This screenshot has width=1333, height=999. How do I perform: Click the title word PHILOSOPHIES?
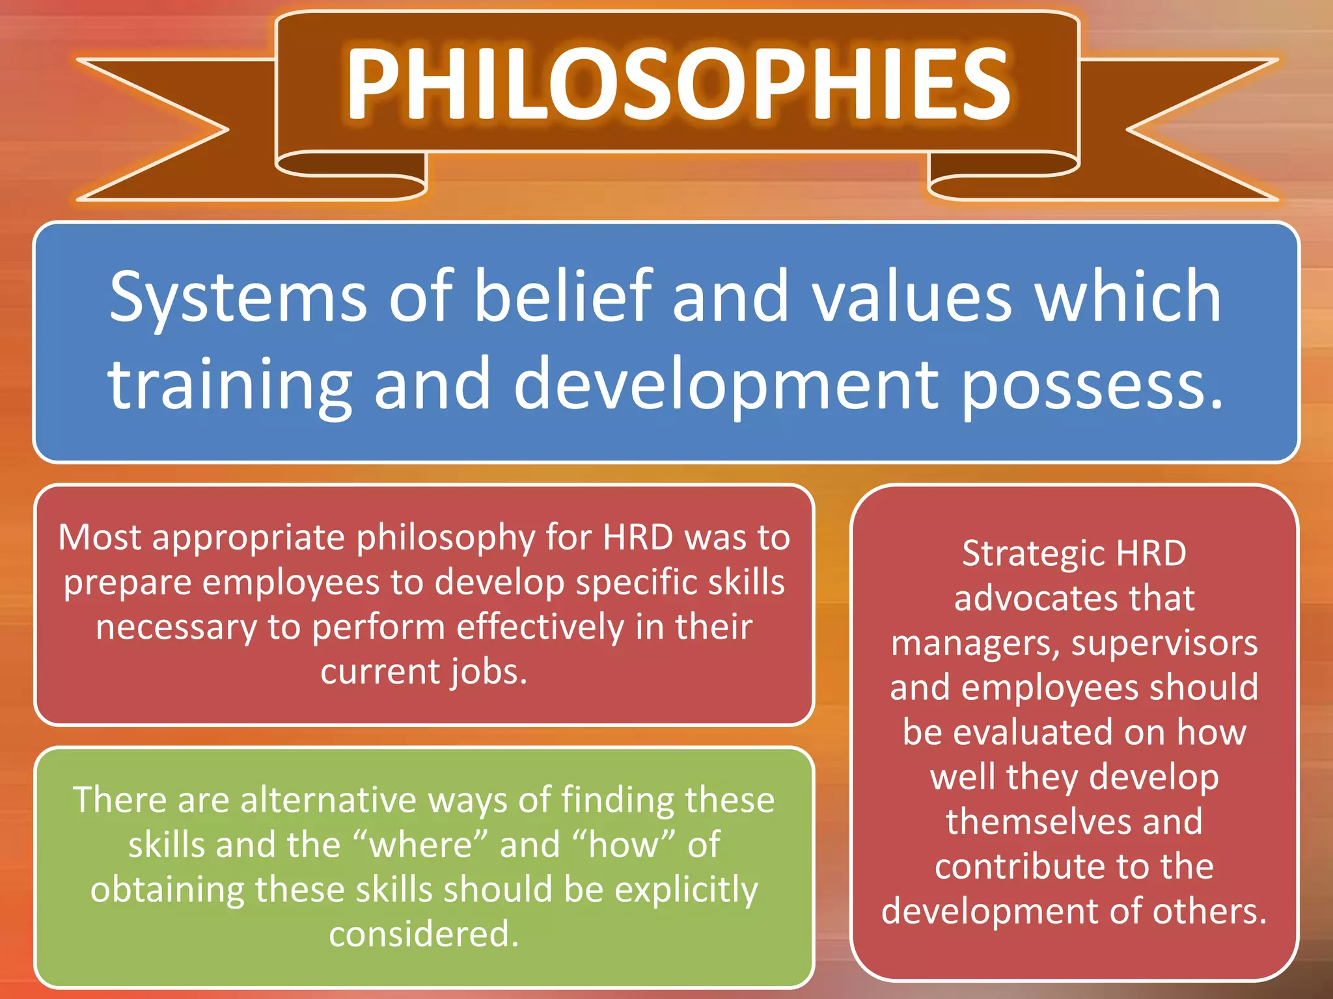(677, 85)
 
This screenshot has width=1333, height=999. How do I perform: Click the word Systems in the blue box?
(238, 297)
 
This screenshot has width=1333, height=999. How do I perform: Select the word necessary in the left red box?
(176, 628)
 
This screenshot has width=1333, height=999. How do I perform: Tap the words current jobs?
(424, 672)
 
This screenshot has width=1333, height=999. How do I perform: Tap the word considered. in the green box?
(424, 935)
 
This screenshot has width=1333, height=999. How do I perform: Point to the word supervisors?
(1164, 643)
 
